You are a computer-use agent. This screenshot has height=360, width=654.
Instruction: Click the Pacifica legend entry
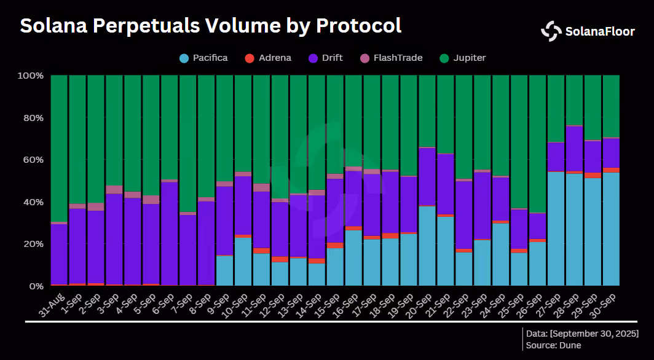coord(203,58)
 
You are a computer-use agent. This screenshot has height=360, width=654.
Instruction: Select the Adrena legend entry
coord(268,58)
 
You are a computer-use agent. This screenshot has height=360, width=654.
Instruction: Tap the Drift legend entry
coord(325,58)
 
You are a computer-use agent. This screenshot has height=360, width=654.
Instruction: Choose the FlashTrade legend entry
coord(391,58)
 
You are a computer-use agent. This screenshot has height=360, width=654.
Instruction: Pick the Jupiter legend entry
coord(463,58)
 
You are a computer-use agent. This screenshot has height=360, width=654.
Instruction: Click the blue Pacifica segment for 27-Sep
coord(556,229)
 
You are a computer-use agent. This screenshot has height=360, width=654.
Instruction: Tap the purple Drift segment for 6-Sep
coord(170,233)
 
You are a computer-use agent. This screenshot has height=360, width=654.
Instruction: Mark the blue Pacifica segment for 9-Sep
coord(225,271)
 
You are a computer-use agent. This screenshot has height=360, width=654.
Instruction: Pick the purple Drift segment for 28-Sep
coord(574,148)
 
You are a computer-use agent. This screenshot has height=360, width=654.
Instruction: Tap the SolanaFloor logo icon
coord(551,31)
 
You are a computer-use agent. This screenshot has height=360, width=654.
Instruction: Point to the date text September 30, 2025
coord(584,334)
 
